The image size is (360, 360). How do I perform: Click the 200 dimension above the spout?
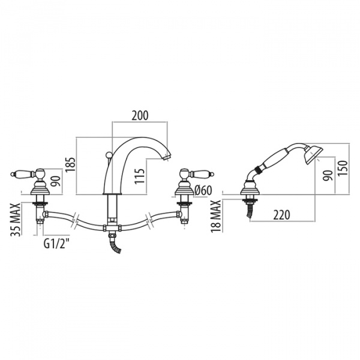(x=140, y=115)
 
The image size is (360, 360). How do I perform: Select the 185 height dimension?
(x=71, y=162)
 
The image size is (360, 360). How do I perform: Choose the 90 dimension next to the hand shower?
(x=328, y=175)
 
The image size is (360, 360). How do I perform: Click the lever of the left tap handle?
(x=23, y=174)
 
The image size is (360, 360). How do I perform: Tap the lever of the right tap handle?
(x=198, y=174)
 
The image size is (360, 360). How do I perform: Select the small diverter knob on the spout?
(x=107, y=157)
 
